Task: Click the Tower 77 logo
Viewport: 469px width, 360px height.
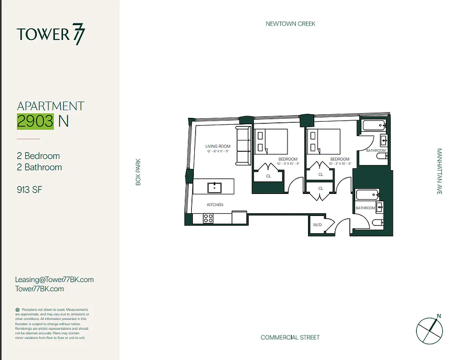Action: pyautogui.click(x=50, y=35)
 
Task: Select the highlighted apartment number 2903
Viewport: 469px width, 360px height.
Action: pyautogui.click(x=36, y=121)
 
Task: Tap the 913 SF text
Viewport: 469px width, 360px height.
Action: pyautogui.click(x=29, y=189)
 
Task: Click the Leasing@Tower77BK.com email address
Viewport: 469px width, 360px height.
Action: pyautogui.click(x=54, y=279)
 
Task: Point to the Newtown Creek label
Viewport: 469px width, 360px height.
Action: pyautogui.click(x=290, y=23)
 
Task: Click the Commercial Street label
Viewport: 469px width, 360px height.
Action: pyautogui.click(x=290, y=337)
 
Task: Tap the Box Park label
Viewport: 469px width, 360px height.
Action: pyautogui.click(x=138, y=171)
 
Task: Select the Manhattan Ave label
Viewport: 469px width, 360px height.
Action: pyautogui.click(x=439, y=171)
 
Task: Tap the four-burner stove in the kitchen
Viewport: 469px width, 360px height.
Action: pyautogui.click(x=208, y=218)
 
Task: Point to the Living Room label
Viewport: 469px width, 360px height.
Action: pyautogui.click(x=218, y=146)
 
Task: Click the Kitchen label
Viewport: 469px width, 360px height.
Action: pyautogui.click(x=215, y=205)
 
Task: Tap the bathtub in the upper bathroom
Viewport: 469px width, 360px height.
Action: pyautogui.click(x=373, y=126)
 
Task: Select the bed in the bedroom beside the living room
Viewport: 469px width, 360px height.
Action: pyautogui.click(x=271, y=141)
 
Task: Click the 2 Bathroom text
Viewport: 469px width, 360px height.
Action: pyautogui.click(x=40, y=167)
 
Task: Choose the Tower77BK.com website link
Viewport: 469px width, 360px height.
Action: pyautogui.click(x=40, y=289)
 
